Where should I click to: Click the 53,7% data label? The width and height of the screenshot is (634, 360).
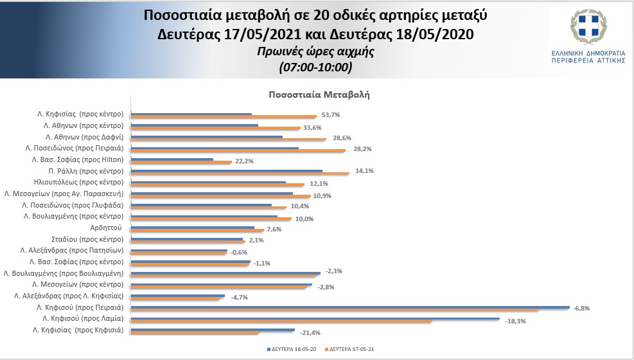pyautogui.click(x=330, y=115)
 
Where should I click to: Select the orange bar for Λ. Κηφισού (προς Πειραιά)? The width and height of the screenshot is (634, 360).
pyautogui.click(x=334, y=310)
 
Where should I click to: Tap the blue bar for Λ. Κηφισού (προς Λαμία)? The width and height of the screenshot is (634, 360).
pyautogui.click(x=315, y=318)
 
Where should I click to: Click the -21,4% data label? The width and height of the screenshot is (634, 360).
pyautogui.click(x=311, y=332)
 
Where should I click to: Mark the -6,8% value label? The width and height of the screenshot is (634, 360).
pyautogui.click(x=581, y=308)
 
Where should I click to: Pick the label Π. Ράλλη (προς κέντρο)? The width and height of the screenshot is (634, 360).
pyautogui.click(x=85, y=171)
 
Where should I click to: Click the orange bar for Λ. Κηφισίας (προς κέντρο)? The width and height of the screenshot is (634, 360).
pyautogui.click(x=224, y=116)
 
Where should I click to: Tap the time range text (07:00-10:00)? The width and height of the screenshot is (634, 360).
pyautogui.click(x=315, y=67)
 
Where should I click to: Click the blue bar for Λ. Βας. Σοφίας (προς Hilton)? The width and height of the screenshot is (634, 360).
pyautogui.click(x=172, y=159)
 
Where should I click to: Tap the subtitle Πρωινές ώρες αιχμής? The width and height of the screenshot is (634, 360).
pyautogui.click(x=315, y=53)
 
